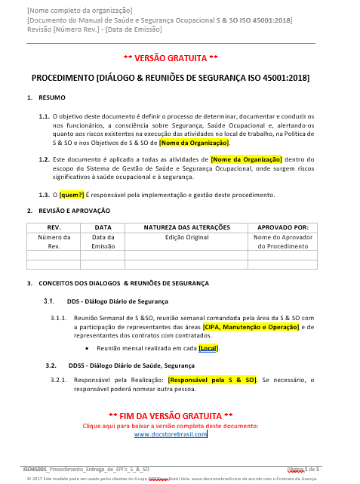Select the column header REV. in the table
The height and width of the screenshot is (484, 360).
(x=54, y=226)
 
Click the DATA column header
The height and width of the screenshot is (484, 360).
(x=103, y=226)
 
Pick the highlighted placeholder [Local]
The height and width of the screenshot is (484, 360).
(x=208, y=348)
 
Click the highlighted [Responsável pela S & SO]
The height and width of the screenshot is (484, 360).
(x=212, y=380)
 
